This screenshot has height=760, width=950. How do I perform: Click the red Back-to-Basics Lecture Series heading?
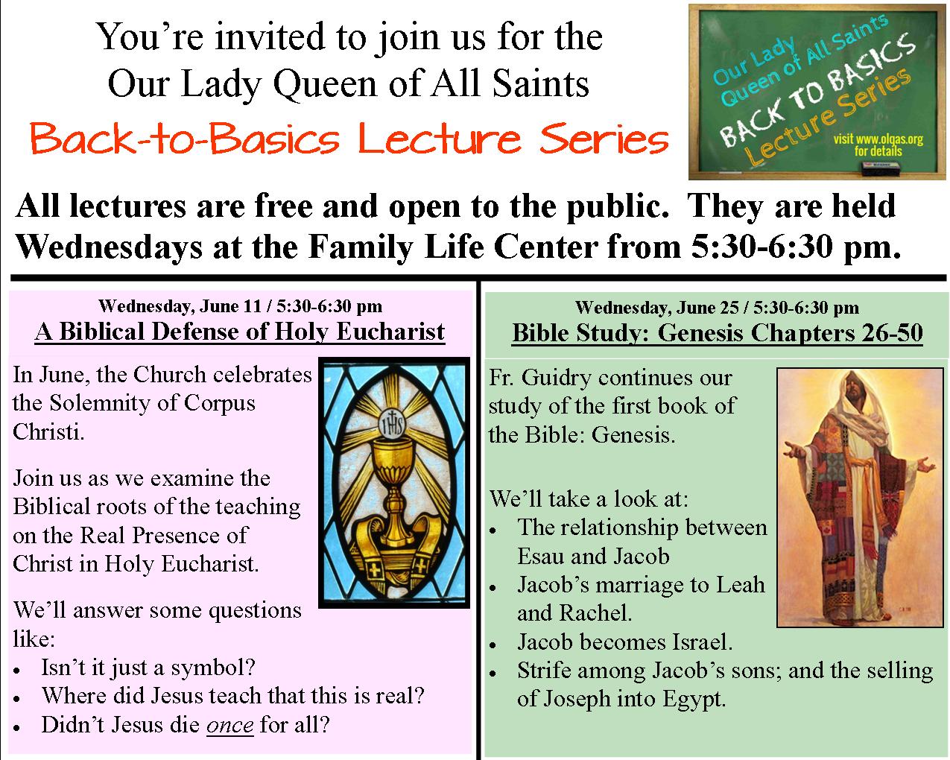pos(349,139)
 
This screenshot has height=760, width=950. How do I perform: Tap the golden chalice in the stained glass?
pos(393,504)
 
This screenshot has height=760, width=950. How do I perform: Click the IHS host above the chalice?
pos(392,425)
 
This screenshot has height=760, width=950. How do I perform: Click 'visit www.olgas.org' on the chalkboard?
pos(878,139)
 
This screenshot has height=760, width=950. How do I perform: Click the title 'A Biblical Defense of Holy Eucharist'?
pos(240,332)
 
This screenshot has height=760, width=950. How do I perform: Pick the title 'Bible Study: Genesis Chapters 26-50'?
pos(718,332)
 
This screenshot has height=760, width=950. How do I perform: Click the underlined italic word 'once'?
pos(230,725)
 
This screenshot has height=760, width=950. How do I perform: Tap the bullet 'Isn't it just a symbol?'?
pos(148,668)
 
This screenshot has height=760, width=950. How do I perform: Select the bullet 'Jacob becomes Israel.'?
pos(624,642)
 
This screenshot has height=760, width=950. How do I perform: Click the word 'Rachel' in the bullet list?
pos(595,613)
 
